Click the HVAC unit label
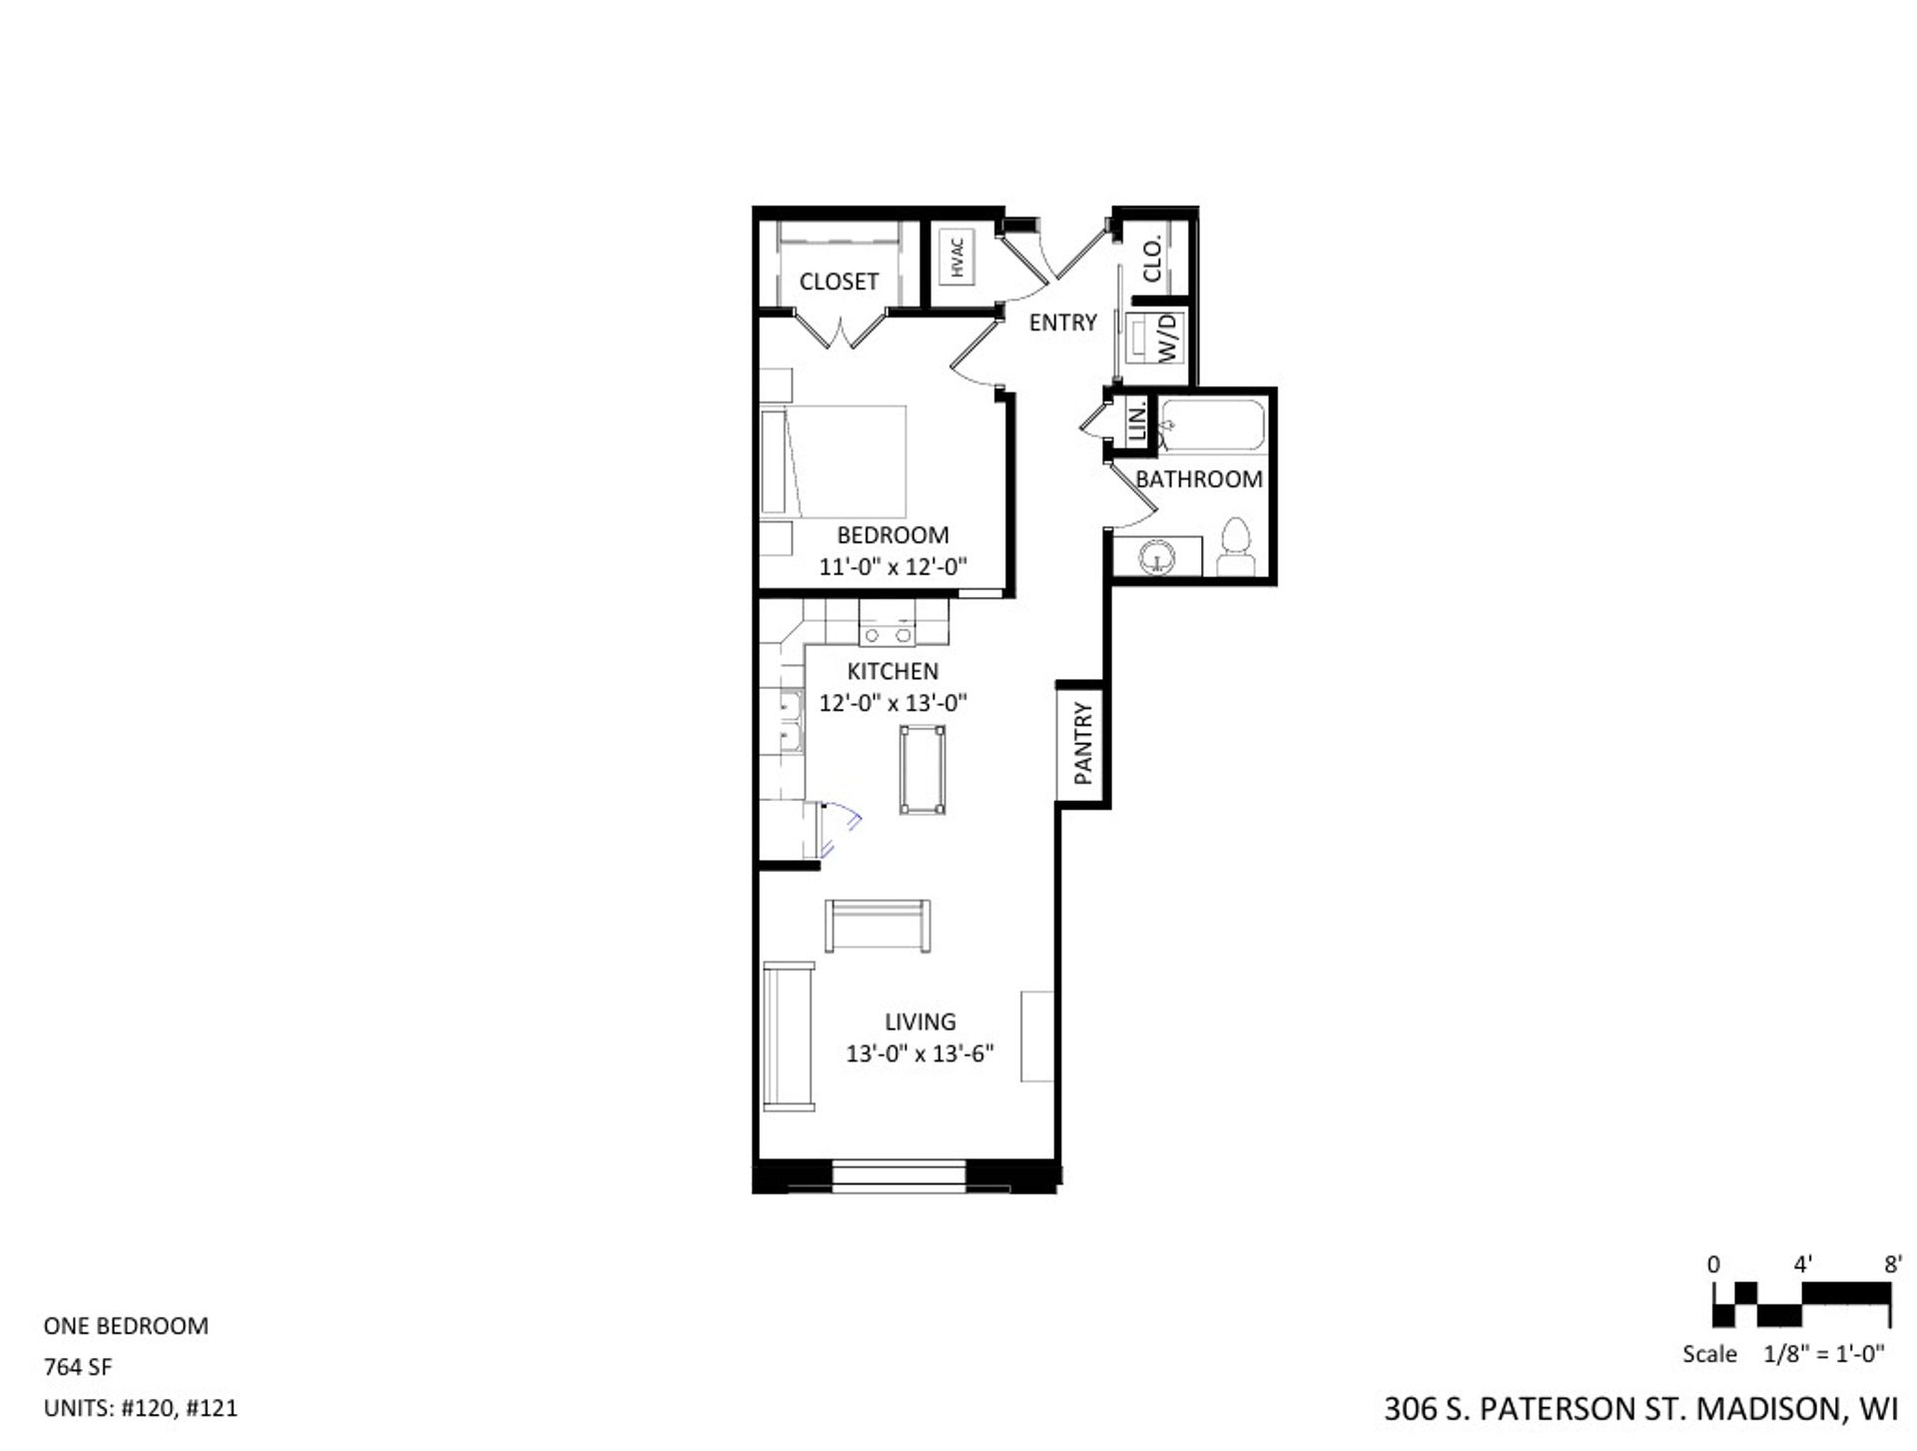pyautogui.click(x=958, y=257)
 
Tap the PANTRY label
pyautogui.click(x=1083, y=743)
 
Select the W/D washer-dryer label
pyautogui.click(x=1168, y=338)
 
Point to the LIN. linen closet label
pyautogui.click(x=1136, y=422)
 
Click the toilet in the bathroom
pyautogui.click(x=1236, y=548)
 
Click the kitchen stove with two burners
pyautogui.click(x=887, y=633)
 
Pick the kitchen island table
pyautogui.click(x=922, y=770)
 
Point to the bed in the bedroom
pyautogui.click(x=835, y=460)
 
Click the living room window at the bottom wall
pyautogui.click(x=899, y=1175)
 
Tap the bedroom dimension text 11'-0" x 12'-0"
pyautogui.click(x=893, y=567)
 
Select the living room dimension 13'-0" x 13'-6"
pyautogui.click(x=920, y=1054)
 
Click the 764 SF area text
pyautogui.click(x=78, y=1366)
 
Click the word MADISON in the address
pyautogui.click(x=1768, y=1408)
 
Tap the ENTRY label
pyautogui.click(x=1062, y=323)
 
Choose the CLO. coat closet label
pyautogui.click(x=1151, y=259)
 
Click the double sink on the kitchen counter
pyautogui.click(x=790, y=720)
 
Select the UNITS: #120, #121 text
pyautogui.click(x=141, y=1408)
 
